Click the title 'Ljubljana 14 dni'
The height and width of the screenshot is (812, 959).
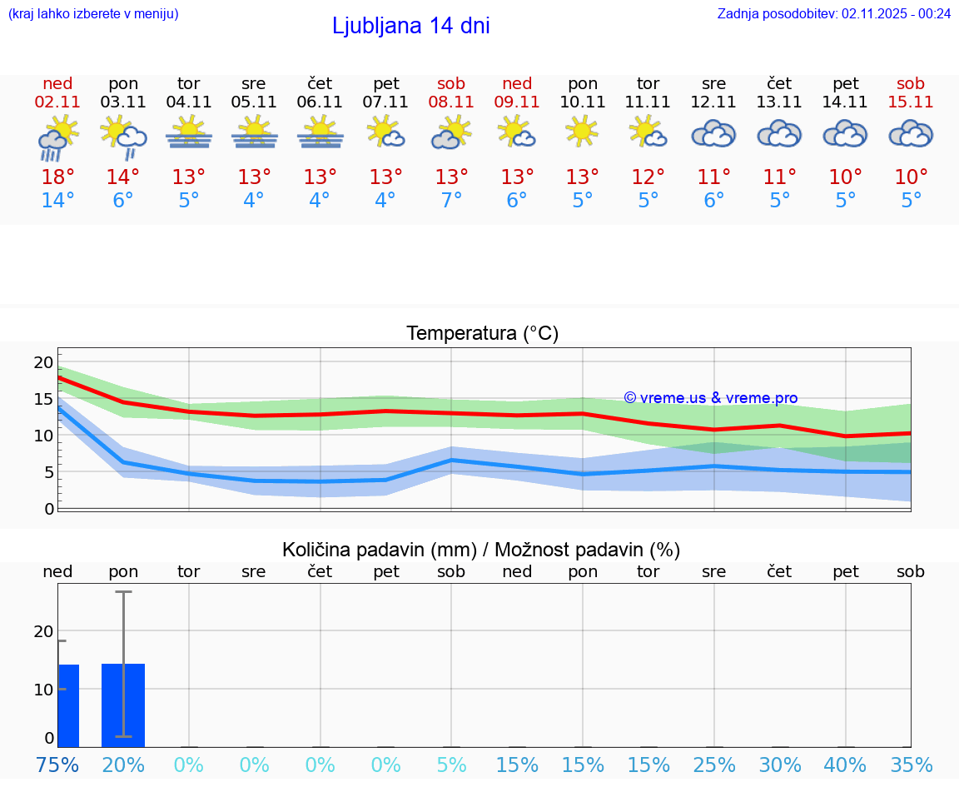pyautogui.click(x=410, y=26)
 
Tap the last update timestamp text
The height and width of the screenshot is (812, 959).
pyautogui.click(x=833, y=13)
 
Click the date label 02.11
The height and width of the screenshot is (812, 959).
pyautogui.click(x=57, y=102)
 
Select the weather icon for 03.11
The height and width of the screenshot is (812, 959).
pyautogui.click(x=123, y=137)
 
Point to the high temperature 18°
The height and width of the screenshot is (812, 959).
pyautogui.click(x=57, y=177)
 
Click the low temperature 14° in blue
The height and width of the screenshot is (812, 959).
pyautogui.click(x=57, y=201)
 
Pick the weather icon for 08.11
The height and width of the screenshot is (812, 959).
pyautogui.click(x=451, y=133)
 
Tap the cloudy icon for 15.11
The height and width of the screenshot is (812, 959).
pyautogui.click(x=911, y=133)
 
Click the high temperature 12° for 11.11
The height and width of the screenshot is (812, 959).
pyautogui.click(x=648, y=177)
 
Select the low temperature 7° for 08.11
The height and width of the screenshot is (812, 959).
pyautogui.click(x=451, y=201)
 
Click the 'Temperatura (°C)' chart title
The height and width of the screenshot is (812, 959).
pyautogui.click(x=482, y=334)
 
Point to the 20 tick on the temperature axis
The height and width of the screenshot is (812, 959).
pyautogui.click(x=43, y=362)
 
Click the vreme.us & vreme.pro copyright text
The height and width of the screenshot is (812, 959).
pyautogui.click(x=710, y=398)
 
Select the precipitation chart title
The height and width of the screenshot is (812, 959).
pyautogui.click(x=481, y=550)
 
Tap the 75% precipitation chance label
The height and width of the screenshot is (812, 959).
pyautogui.click(x=57, y=765)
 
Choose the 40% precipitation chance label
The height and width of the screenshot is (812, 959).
pyautogui.click(x=845, y=765)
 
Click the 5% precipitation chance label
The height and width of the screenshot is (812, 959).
pyautogui.click(x=451, y=765)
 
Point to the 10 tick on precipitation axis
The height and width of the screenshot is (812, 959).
pyautogui.click(x=43, y=690)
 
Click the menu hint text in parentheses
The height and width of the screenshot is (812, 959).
pyautogui.click(x=93, y=13)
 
